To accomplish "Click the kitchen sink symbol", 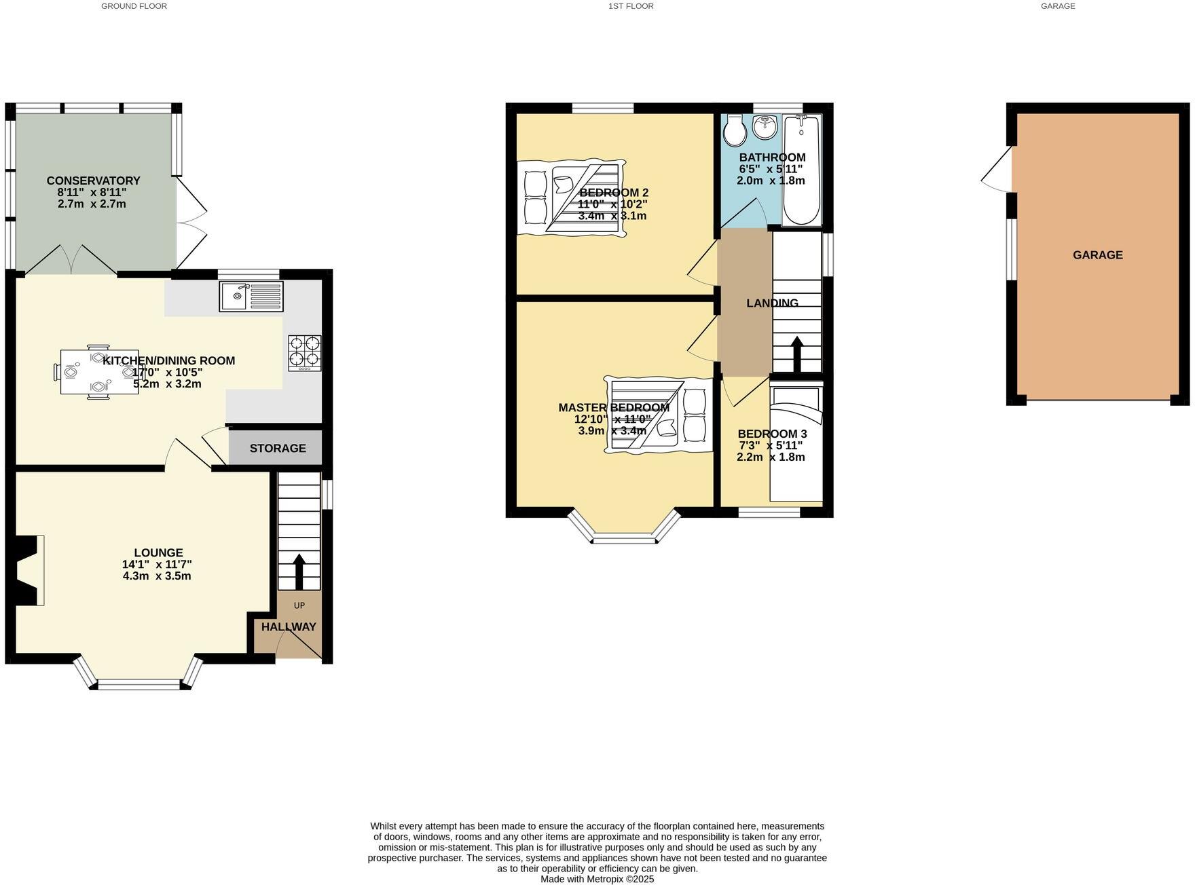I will pos(251,297).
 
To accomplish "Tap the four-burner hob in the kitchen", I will pos(304,352).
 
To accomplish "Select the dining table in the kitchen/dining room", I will pos(99,371).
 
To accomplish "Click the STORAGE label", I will pos(278,448).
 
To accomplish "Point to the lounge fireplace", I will pos(28,569).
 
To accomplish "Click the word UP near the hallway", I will pos(299,605).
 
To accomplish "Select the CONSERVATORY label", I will pos(93,181).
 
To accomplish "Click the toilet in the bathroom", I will pos(734,130).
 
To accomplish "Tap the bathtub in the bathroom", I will pos(802,170).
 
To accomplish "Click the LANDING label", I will pos(772,303).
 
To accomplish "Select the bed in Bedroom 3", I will pos(796,445).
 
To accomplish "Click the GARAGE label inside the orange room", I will pos(1097,255).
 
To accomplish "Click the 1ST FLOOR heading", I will pos(631,6).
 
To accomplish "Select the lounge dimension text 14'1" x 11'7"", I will pos(157,565).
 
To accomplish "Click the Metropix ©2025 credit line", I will pos(597,879).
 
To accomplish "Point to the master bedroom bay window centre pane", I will pos(624,540).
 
